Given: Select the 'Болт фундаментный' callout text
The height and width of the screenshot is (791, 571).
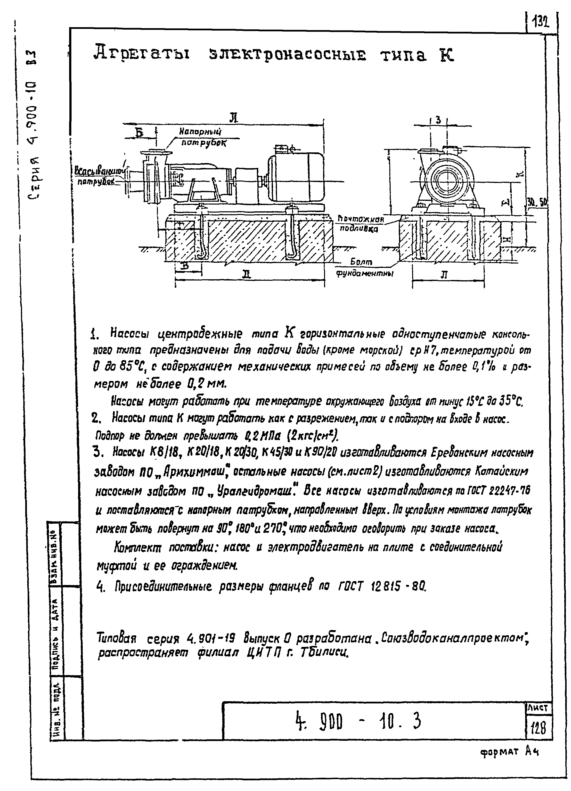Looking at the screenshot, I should point(363,267).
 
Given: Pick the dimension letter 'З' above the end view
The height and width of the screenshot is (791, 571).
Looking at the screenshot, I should point(438,120).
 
